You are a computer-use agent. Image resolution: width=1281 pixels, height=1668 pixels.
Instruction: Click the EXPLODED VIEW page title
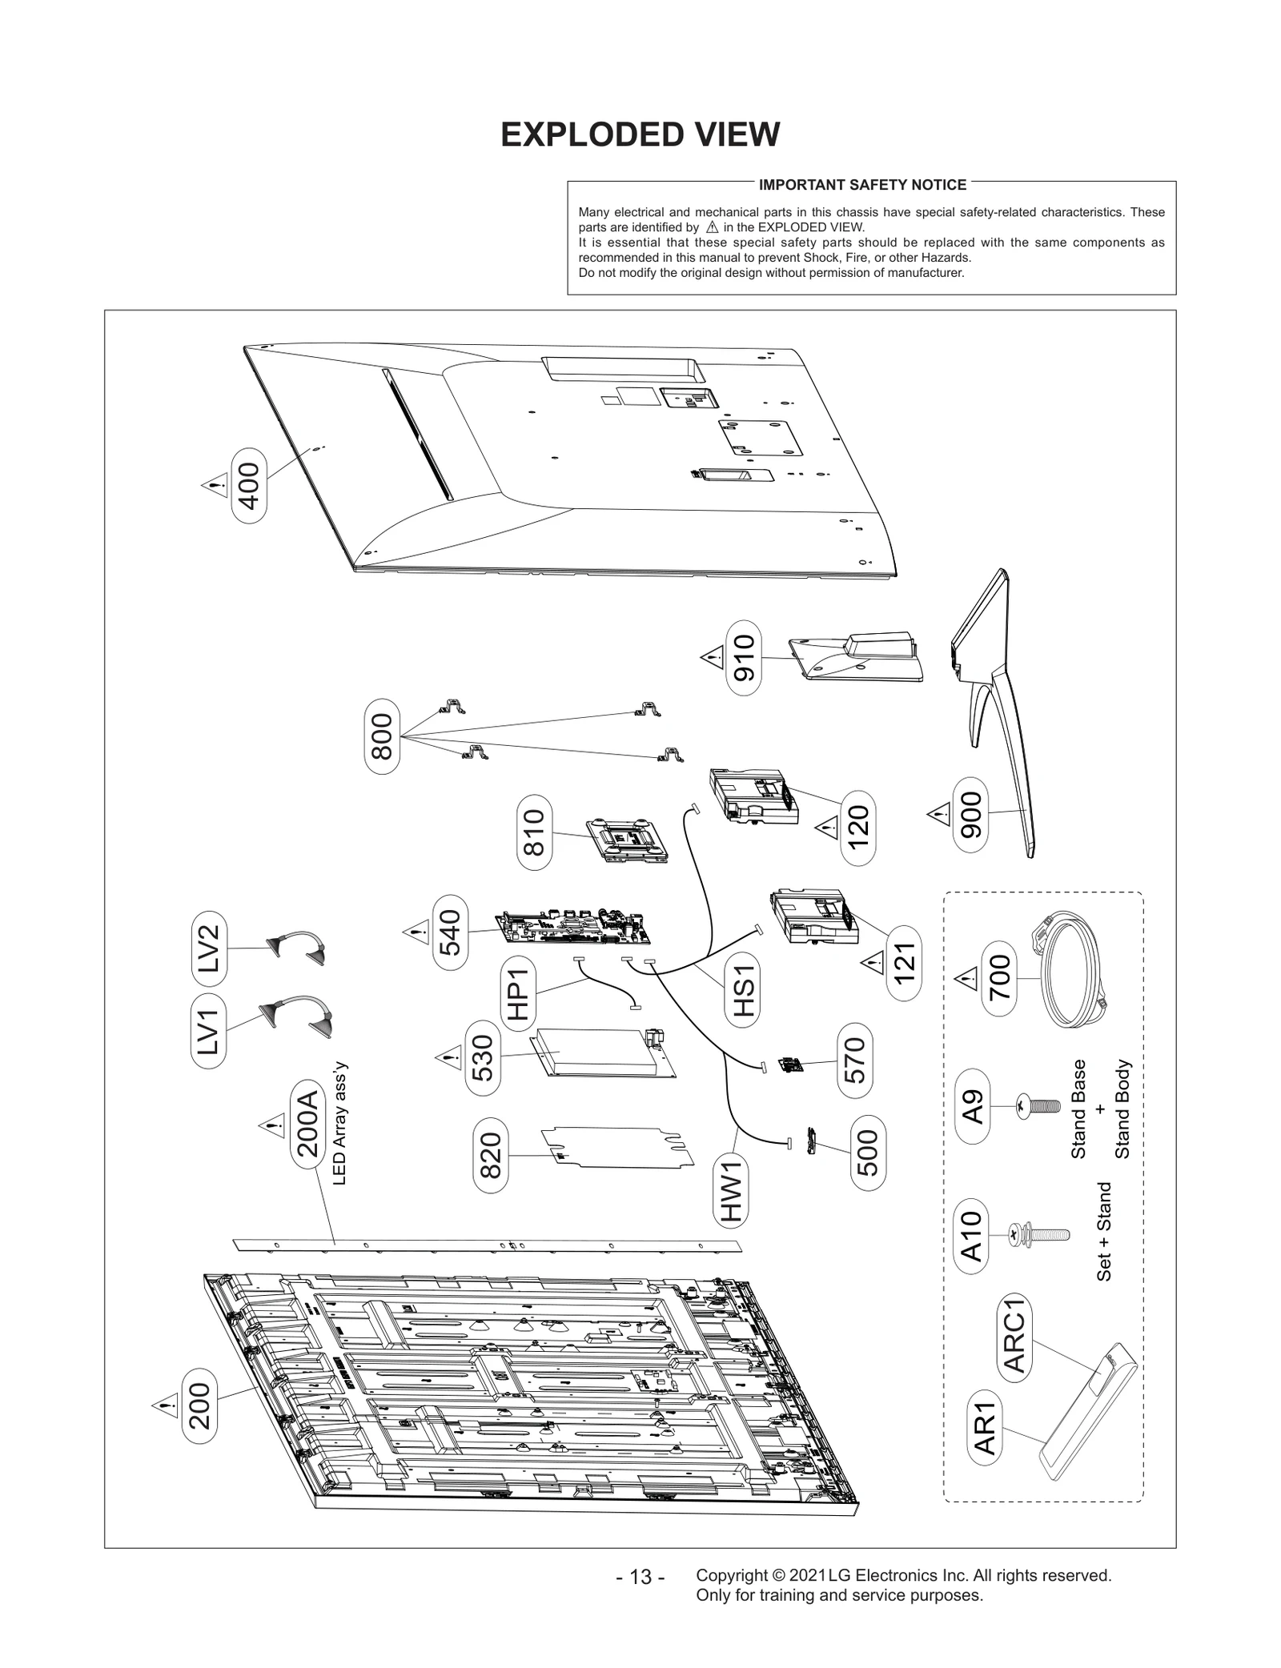point(640,134)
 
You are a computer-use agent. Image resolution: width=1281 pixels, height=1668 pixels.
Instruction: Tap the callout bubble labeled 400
point(249,486)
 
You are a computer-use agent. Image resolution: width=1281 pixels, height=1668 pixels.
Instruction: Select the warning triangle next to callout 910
point(711,658)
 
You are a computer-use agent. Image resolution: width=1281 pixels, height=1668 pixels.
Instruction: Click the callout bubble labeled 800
point(382,736)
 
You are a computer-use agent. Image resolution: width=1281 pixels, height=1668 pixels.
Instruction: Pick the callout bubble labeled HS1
point(744,991)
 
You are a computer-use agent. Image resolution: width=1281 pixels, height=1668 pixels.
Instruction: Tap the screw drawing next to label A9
point(1038,1108)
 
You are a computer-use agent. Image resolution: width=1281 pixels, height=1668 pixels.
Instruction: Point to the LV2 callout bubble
point(210,948)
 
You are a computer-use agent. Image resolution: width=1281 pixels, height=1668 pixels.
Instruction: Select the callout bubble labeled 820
point(490,1155)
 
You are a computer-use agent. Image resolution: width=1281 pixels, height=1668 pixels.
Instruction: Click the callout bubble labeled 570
point(855,1061)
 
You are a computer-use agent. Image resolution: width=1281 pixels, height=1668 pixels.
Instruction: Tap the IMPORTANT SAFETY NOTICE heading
point(862,185)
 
